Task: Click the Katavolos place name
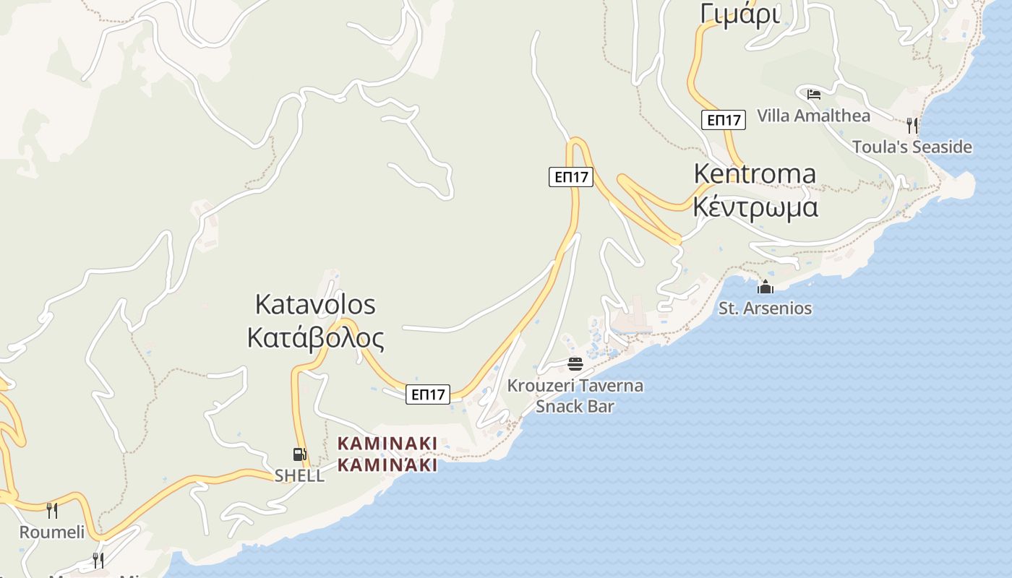(x=315, y=305)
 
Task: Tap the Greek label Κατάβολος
(x=315, y=338)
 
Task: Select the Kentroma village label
(x=755, y=174)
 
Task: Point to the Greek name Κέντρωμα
(x=755, y=207)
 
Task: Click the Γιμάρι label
(x=740, y=14)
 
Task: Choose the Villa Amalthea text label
(x=813, y=116)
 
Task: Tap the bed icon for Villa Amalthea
(x=814, y=95)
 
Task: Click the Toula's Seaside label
(x=912, y=147)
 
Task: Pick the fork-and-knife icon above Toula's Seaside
(x=912, y=126)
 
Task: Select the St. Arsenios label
(x=765, y=309)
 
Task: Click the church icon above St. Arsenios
(x=766, y=288)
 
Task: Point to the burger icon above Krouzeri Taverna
(x=575, y=363)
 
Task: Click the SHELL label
(x=299, y=476)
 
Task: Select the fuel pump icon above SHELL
(x=299, y=454)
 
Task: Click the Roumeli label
(x=51, y=533)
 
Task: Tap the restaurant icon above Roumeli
(x=52, y=511)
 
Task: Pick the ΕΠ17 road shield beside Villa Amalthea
(x=723, y=120)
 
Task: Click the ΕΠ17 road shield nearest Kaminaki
(x=427, y=394)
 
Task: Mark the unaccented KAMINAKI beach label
(x=387, y=443)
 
